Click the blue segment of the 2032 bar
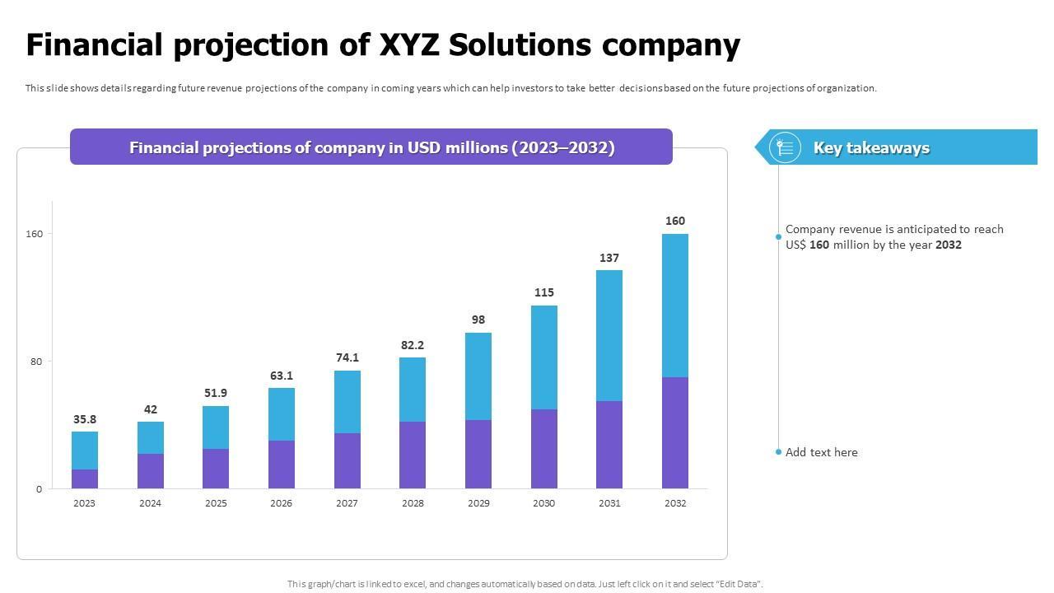click(x=675, y=306)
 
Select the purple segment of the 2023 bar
click(x=85, y=479)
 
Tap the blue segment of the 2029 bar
click(x=478, y=376)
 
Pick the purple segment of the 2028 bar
click(x=413, y=455)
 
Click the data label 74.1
click(x=347, y=357)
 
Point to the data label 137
click(x=609, y=258)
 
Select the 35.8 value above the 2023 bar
click(x=85, y=419)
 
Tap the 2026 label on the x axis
click(x=281, y=503)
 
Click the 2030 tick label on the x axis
click(x=543, y=503)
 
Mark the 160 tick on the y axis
click(x=34, y=234)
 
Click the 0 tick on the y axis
click(x=39, y=489)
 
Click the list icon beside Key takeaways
click(x=785, y=147)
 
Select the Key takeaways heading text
click(x=871, y=147)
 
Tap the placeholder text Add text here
click(x=821, y=452)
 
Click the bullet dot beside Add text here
click(x=778, y=452)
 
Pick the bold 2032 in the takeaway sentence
click(x=949, y=245)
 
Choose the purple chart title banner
click(x=371, y=147)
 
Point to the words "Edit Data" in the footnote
click(x=739, y=584)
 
